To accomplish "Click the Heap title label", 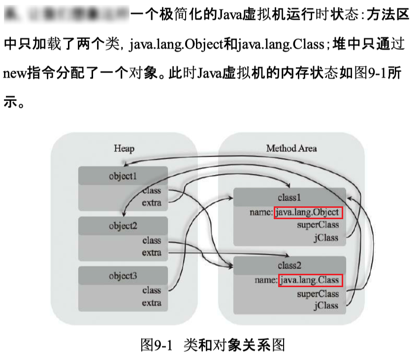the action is click(124, 148).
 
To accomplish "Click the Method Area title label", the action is click(291, 148).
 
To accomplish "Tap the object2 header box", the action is click(123, 227).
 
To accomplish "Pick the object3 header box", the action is click(123, 276).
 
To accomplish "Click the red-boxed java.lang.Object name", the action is click(308, 212).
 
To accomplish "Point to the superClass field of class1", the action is click(318, 225).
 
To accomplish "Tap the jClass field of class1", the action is click(326, 237).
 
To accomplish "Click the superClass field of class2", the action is click(318, 294).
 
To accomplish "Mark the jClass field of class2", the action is click(326, 305).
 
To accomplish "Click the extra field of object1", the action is click(152, 202).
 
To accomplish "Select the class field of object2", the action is click(152, 241).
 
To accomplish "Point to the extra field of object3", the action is click(152, 302).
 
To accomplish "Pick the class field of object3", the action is click(152, 290).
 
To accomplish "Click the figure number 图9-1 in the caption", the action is click(157, 344).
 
